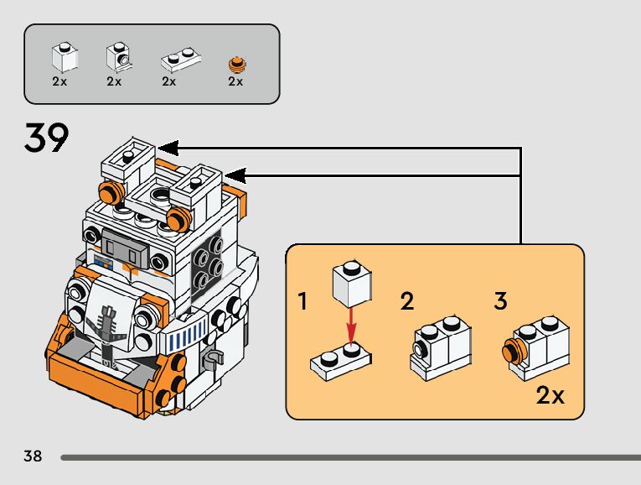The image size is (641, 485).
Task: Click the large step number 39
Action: tap(46, 138)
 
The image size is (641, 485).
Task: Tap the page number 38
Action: tap(33, 456)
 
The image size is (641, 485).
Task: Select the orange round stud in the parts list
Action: tap(236, 63)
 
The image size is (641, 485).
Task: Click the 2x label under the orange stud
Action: tap(235, 81)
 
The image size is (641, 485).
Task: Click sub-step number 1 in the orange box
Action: tap(303, 302)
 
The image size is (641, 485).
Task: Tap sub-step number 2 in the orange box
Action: tap(406, 302)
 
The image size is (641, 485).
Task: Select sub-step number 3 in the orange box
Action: tap(500, 302)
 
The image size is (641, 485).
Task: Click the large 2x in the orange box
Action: tap(550, 395)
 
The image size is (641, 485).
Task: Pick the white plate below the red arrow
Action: tap(342, 359)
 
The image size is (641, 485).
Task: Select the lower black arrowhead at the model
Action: tap(235, 175)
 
